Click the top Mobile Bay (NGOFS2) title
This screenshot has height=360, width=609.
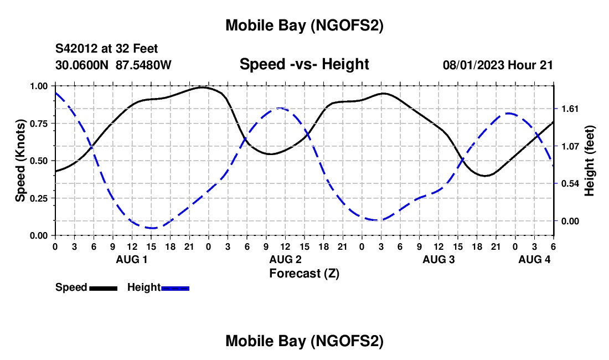(x=304, y=25)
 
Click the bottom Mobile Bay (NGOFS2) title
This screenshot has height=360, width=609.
(x=304, y=341)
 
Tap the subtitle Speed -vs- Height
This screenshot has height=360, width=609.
(x=304, y=64)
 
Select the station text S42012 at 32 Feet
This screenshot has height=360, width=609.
(x=106, y=49)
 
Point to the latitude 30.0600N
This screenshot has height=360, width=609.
(x=82, y=65)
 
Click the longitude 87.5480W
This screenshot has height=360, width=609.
(x=143, y=65)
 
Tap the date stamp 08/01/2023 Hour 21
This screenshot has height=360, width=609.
(x=498, y=65)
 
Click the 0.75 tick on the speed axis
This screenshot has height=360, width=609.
(x=39, y=124)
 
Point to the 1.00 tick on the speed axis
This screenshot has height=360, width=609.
(x=39, y=86)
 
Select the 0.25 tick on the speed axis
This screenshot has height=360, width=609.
(x=39, y=198)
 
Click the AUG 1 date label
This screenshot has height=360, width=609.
(x=132, y=259)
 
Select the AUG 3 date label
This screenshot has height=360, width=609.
(x=438, y=259)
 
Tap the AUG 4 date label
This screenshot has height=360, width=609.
(x=534, y=259)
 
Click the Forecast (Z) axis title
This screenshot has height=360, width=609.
(x=304, y=273)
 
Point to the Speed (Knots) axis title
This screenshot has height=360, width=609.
(x=20, y=161)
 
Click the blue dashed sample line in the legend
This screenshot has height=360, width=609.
(x=175, y=288)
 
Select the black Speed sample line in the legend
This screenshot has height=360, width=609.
(x=102, y=288)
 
